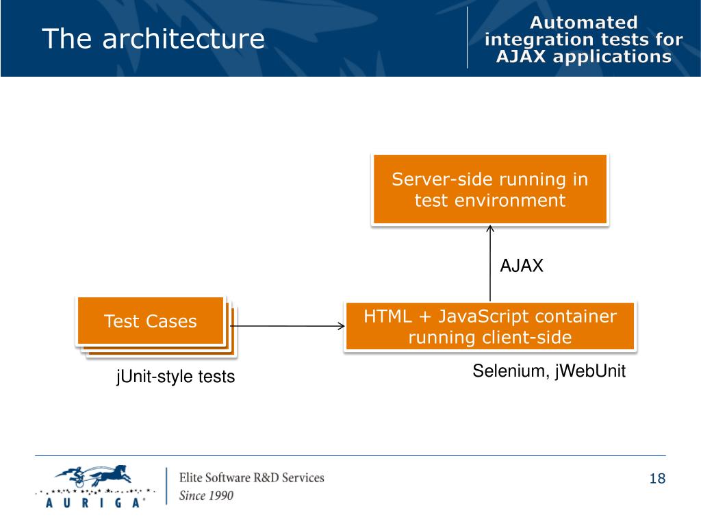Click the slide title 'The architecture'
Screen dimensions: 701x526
click(153, 38)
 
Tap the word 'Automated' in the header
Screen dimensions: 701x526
click(583, 23)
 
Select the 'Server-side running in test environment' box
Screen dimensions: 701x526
click(490, 189)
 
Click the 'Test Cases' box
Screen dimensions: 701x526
click(151, 321)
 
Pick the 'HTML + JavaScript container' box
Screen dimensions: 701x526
click(490, 326)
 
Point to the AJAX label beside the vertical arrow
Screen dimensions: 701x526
click(521, 266)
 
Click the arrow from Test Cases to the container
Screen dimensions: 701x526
click(287, 326)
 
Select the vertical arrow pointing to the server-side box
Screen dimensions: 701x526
click(490, 264)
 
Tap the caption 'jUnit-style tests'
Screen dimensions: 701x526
click(175, 377)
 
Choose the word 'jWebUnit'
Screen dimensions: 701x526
click(590, 371)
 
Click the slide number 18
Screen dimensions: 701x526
click(657, 479)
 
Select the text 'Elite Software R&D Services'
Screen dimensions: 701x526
click(252, 477)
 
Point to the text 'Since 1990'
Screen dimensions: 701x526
click(206, 496)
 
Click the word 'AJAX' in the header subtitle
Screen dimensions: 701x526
click(521, 57)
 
